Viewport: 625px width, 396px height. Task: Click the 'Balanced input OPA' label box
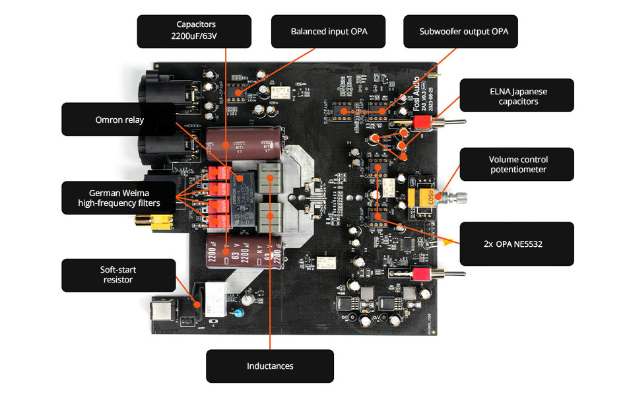pyautogui.click(x=329, y=32)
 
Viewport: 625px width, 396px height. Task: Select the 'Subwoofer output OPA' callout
pyautogui.click(x=460, y=32)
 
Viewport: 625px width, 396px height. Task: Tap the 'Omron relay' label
pyautogui.click(x=119, y=119)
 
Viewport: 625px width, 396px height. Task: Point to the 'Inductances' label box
pyautogui.click(x=269, y=366)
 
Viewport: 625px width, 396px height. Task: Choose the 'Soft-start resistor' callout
pyautogui.click(x=119, y=275)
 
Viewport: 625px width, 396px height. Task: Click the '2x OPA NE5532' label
pyautogui.click(x=516, y=244)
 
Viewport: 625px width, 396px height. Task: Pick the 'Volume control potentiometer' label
pyautogui.click(x=517, y=164)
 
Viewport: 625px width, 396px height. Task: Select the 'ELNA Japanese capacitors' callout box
pyautogui.click(x=517, y=96)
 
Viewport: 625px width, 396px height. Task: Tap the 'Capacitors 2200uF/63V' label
pyautogui.click(x=194, y=32)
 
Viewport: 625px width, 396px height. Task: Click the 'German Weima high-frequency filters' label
pyautogui.click(x=119, y=197)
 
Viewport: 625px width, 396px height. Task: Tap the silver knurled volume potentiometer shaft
pyautogui.click(x=455, y=197)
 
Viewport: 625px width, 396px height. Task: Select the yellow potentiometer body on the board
pyautogui.click(x=420, y=197)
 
